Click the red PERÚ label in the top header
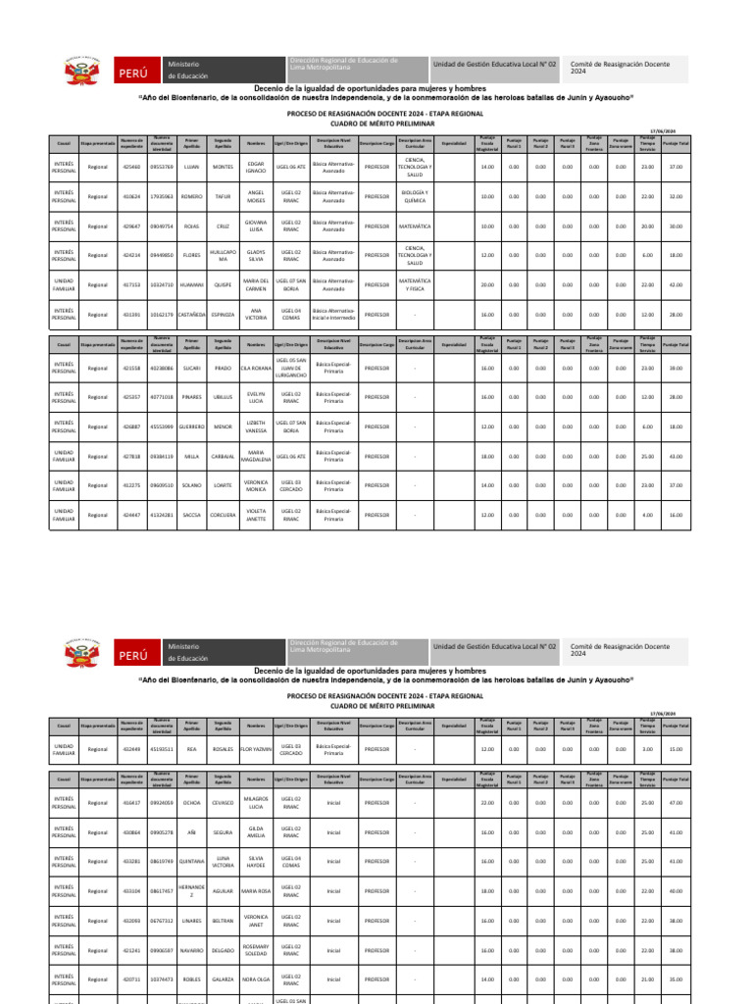click(x=134, y=74)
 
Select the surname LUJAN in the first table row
click(x=192, y=167)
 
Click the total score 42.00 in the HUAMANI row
click(x=676, y=284)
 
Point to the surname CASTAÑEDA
click(x=192, y=314)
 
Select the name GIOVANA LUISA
click(x=256, y=226)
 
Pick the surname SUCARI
click(x=192, y=368)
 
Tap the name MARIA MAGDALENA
click(x=256, y=456)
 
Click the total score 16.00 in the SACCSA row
click(x=676, y=515)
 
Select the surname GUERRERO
click(x=192, y=427)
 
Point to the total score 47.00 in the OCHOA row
click(x=676, y=803)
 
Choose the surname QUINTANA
click(x=192, y=862)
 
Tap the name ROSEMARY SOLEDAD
click(x=256, y=950)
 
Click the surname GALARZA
click(x=224, y=979)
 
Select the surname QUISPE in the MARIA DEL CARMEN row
click(x=224, y=284)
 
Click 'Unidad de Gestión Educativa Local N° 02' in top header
click(x=494, y=64)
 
